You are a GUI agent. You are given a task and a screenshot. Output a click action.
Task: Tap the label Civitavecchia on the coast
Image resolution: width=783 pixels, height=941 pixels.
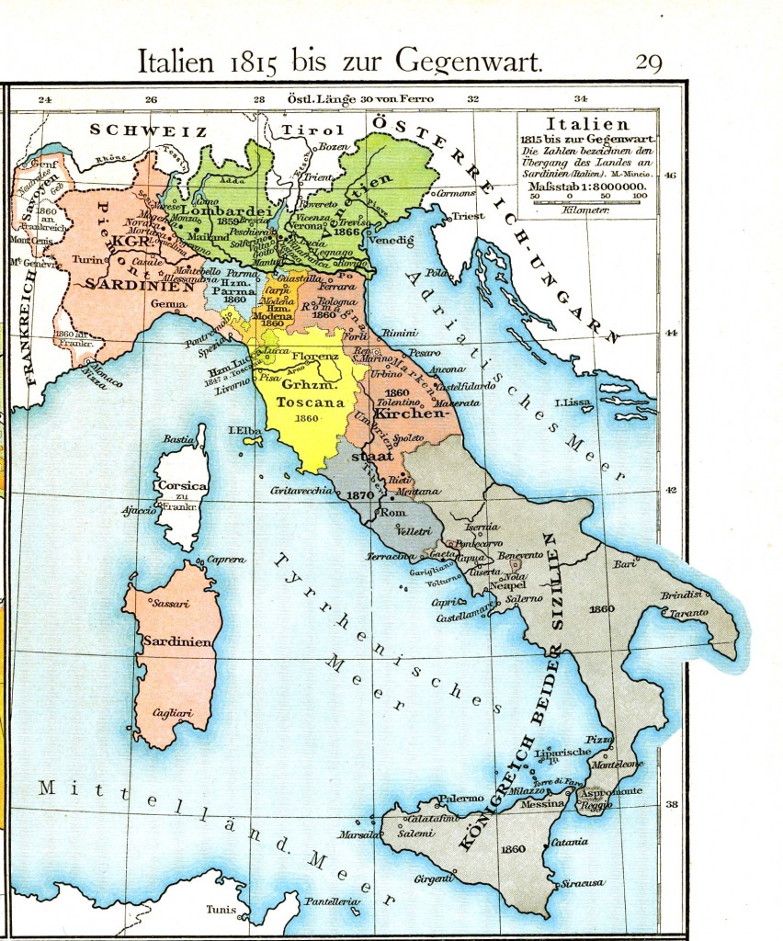301,492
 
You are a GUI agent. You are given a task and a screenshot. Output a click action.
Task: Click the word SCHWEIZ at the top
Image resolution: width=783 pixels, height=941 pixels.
148,131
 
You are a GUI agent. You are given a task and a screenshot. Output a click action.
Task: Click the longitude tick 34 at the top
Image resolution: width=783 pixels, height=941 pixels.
581,98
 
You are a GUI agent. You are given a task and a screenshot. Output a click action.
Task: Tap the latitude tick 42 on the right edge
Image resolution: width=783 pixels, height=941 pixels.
671,489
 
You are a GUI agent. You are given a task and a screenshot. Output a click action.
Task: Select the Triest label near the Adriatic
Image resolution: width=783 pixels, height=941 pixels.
468,216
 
